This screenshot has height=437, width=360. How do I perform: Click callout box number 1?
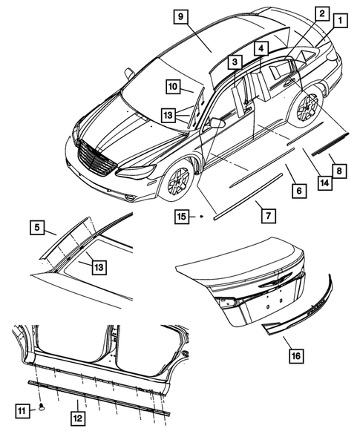coord(339,22)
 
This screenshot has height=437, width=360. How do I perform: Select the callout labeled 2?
coord(321,13)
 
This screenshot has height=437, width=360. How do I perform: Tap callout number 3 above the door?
coord(235,62)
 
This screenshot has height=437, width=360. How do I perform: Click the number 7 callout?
coord(267,215)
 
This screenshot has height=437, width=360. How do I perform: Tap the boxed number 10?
coord(172,87)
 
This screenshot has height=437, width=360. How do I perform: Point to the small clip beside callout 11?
coord(43,406)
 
